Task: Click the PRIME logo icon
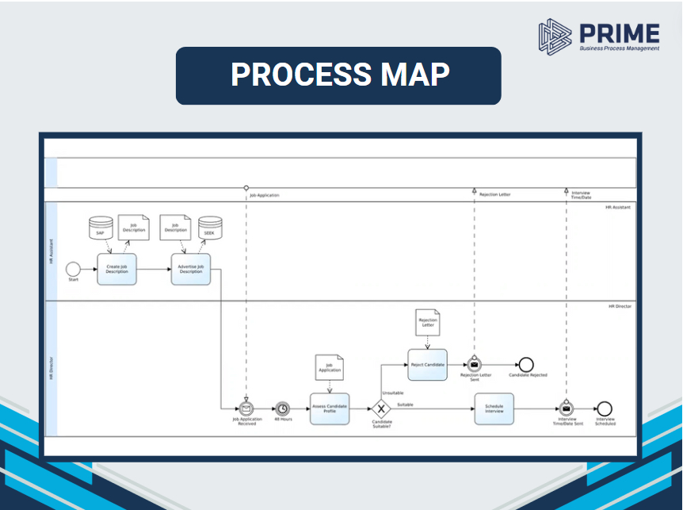555,36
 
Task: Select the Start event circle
74,269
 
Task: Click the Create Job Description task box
117,269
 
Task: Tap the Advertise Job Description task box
191,269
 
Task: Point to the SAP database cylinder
100,228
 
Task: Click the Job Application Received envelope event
246,408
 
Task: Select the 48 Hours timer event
283,408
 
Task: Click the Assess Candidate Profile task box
330,408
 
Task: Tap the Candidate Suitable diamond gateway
381,409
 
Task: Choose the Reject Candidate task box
428,365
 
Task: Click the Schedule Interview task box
494,408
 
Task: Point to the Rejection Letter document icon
428,322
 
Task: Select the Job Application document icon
330,366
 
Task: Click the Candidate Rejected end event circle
526,365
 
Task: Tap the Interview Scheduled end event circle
605,408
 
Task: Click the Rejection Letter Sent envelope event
475,365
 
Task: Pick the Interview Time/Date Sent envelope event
567,408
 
